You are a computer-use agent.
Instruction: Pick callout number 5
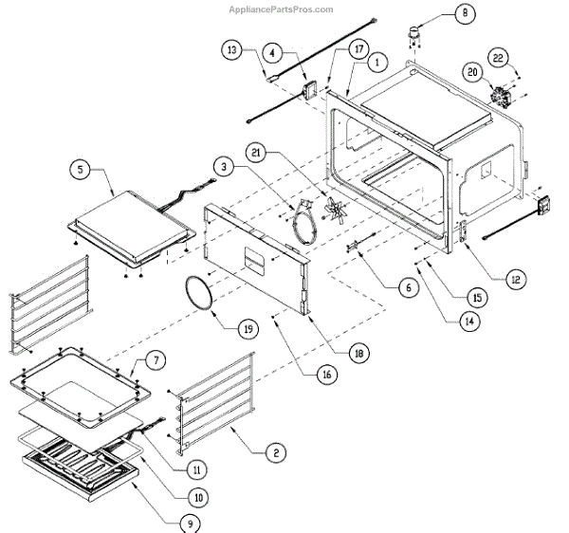pos(81,170)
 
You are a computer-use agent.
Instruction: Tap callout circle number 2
pos(273,454)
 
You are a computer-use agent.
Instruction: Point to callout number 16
pos(326,375)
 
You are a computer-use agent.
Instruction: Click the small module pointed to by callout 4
pos(308,90)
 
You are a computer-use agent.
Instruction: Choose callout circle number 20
pos(471,71)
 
